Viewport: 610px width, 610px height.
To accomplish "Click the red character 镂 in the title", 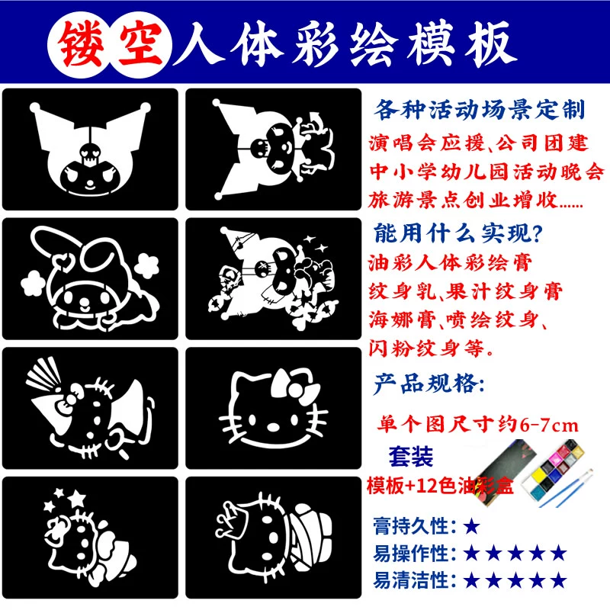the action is (81, 43).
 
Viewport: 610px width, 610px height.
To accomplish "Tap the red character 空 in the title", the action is (140, 43).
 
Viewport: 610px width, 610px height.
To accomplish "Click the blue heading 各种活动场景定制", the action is (480, 110).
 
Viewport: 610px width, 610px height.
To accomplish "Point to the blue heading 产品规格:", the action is (429, 384).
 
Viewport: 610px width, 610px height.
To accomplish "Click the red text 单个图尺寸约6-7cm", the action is (478, 425).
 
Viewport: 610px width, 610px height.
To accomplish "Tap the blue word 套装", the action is (411, 456).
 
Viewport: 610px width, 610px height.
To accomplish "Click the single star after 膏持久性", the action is (471, 527).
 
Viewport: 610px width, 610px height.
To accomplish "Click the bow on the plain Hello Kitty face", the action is (296, 384).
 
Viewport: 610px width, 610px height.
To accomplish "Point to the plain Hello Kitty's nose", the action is (273, 427).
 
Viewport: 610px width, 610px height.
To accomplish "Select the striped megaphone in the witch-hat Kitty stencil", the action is (43, 374).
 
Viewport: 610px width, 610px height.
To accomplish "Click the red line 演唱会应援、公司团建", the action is (479, 143).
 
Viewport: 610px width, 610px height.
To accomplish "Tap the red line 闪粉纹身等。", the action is (431, 348).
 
